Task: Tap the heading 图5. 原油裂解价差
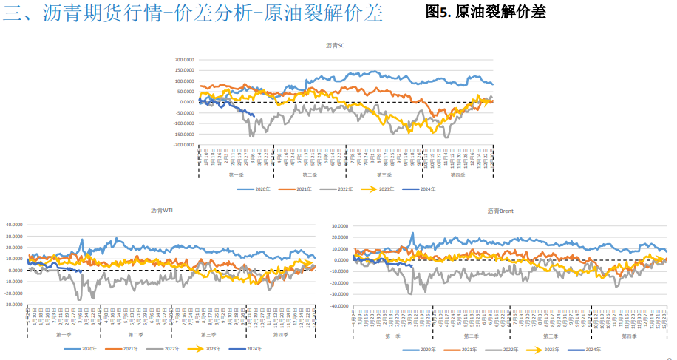click(486, 12)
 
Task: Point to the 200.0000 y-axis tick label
click(184, 60)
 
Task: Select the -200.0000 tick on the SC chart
click(183, 145)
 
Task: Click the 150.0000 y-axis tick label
click(184, 70)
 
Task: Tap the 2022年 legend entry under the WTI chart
click(157, 348)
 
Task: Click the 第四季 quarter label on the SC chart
click(458, 175)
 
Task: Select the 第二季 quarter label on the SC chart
click(310, 175)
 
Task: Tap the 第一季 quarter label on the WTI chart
click(64, 335)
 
